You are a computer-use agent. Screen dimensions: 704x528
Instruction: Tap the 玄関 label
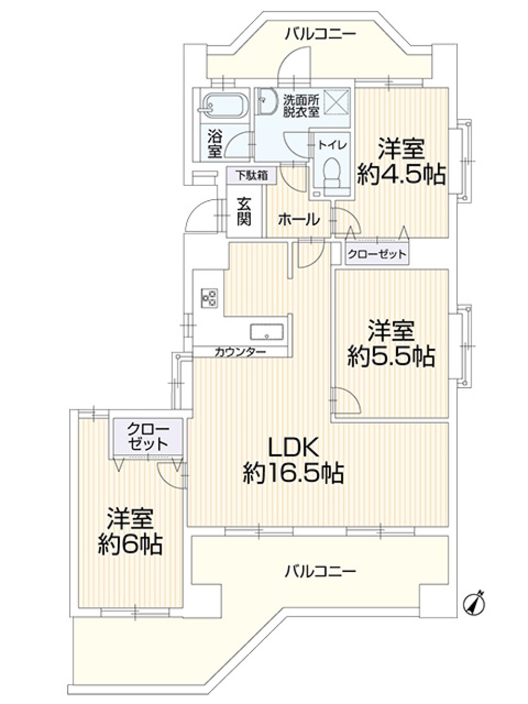click(x=243, y=211)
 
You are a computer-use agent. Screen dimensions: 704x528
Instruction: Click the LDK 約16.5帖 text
click(x=294, y=460)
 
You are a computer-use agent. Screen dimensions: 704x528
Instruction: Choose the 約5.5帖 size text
click(x=391, y=356)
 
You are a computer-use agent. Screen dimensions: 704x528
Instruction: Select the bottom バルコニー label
click(x=320, y=571)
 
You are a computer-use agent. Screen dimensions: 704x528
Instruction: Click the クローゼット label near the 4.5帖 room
click(x=376, y=255)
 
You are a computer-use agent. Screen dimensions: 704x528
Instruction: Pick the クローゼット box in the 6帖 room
click(x=148, y=436)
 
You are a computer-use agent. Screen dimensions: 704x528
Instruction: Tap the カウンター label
click(x=240, y=352)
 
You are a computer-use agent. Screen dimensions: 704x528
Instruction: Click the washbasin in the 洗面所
click(x=267, y=100)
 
